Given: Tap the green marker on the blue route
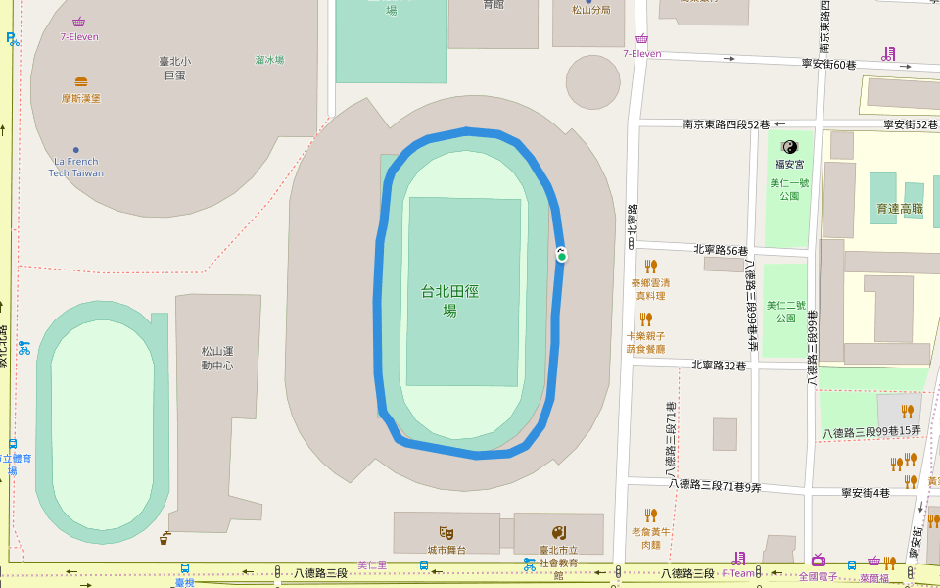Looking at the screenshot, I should (x=562, y=255).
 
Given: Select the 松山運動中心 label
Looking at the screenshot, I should (x=217, y=358).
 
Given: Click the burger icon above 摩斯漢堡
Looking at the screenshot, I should (x=81, y=82).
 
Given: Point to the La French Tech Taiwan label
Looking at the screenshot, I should (x=76, y=167).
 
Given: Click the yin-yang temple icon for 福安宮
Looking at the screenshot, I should (x=789, y=147).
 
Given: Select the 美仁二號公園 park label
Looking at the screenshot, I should (x=786, y=312).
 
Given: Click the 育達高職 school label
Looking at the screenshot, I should (x=900, y=209).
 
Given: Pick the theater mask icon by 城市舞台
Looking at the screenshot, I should (x=446, y=532).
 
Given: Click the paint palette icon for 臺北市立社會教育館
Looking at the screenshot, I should (x=559, y=532).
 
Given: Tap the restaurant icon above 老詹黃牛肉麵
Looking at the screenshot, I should (x=651, y=514).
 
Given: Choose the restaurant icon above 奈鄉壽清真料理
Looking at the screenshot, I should (x=651, y=266).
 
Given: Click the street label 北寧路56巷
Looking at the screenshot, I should (x=720, y=250).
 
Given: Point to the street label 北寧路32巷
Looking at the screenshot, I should (x=719, y=366).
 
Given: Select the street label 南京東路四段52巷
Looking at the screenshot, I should (x=726, y=124).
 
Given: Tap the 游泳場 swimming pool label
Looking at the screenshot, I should (x=269, y=60).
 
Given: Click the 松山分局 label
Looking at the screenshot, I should (x=591, y=10).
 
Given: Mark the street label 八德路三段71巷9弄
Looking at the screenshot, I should (x=715, y=485).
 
